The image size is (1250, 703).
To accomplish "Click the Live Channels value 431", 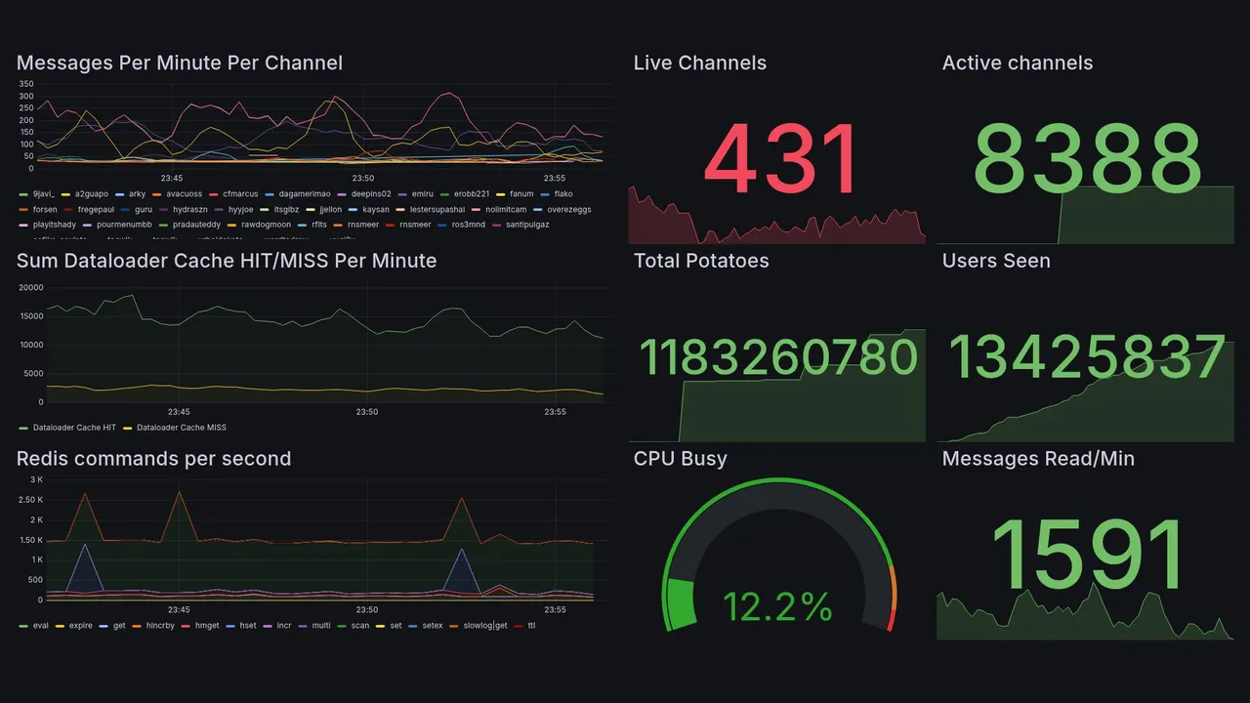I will click(x=780, y=159).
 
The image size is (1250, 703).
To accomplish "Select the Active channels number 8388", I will click(x=1086, y=159).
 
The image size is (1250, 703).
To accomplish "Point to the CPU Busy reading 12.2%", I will click(x=777, y=607).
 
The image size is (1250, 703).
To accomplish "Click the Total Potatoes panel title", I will click(x=701, y=261).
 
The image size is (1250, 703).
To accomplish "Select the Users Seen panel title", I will click(x=996, y=261).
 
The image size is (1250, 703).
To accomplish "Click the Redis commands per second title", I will click(x=153, y=459).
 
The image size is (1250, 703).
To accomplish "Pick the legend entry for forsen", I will click(x=45, y=209).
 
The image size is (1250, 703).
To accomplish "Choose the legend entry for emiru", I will click(x=422, y=194).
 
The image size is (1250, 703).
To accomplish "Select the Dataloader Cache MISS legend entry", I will click(x=181, y=428).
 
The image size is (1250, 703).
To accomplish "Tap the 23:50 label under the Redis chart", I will click(x=367, y=610).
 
